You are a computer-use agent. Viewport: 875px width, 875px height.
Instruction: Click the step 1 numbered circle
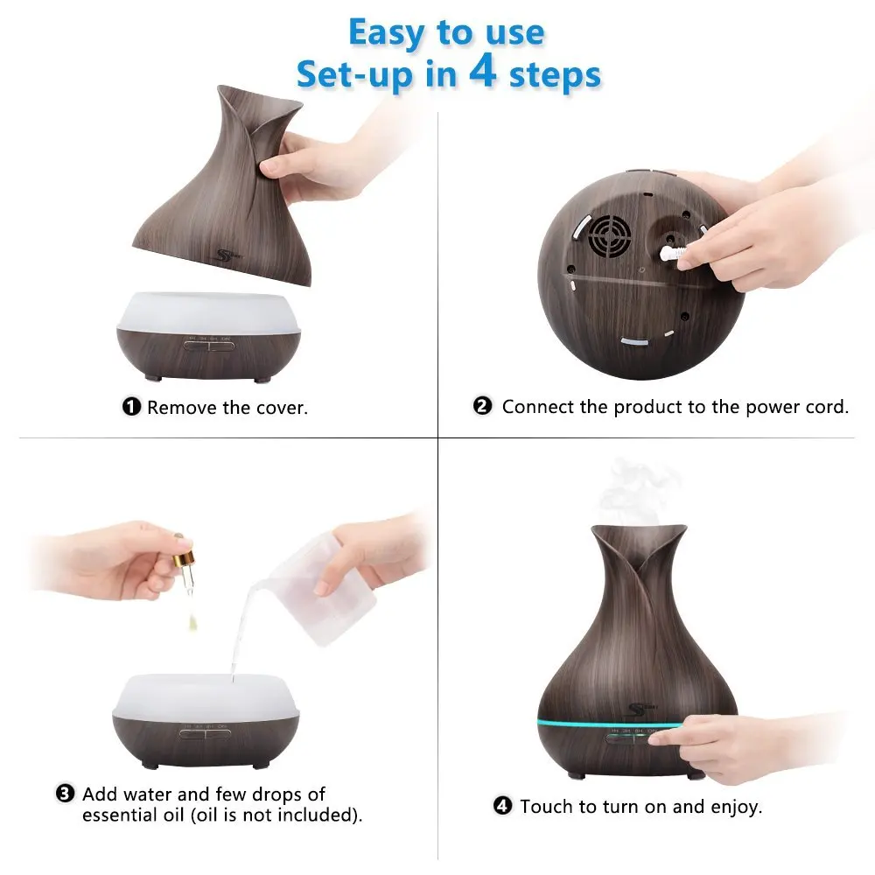point(131,407)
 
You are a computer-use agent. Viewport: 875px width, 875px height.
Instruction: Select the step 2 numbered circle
point(483,406)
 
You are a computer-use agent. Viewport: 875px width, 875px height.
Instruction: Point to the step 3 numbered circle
point(65,794)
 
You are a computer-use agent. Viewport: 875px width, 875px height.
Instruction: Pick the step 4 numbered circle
point(502,806)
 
